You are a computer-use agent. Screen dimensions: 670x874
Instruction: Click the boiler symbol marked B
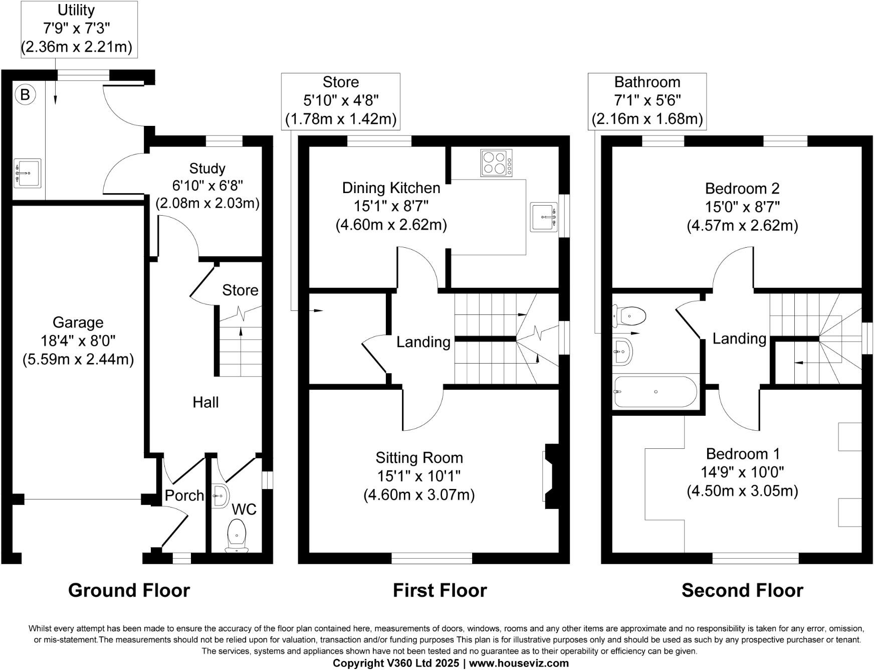[x=25, y=94]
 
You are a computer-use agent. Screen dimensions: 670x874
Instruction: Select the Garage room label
[x=78, y=322]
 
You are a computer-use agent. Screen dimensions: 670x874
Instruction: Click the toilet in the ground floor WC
[x=237, y=535]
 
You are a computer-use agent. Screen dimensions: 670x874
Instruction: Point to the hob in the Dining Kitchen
[x=497, y=162]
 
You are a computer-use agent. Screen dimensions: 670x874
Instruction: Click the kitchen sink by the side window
[x=544, y=217]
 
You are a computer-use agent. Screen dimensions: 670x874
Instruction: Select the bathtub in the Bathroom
[x=655, y=392]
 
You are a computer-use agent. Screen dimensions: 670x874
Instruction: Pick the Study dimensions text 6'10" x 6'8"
[x=207, y=186]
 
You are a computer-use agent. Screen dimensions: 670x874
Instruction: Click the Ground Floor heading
[x=129, y=590]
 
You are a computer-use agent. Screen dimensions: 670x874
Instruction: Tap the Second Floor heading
[x=742, y=590]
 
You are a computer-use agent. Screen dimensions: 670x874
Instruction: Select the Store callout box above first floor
[x=341, y=101]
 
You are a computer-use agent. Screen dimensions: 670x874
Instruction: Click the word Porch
[x=184, y=495]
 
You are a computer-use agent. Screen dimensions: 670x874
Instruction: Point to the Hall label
[x=205, y=402]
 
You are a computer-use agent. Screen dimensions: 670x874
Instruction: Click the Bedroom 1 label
[x=743, y=454]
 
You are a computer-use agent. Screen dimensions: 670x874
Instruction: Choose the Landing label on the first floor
[x=423, y=342]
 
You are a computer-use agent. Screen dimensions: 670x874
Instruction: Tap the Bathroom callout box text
[x=647, y=101]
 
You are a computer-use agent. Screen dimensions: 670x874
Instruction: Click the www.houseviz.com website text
[x=519, y=663]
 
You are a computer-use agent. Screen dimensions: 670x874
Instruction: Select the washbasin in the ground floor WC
[x=220, y=495]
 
